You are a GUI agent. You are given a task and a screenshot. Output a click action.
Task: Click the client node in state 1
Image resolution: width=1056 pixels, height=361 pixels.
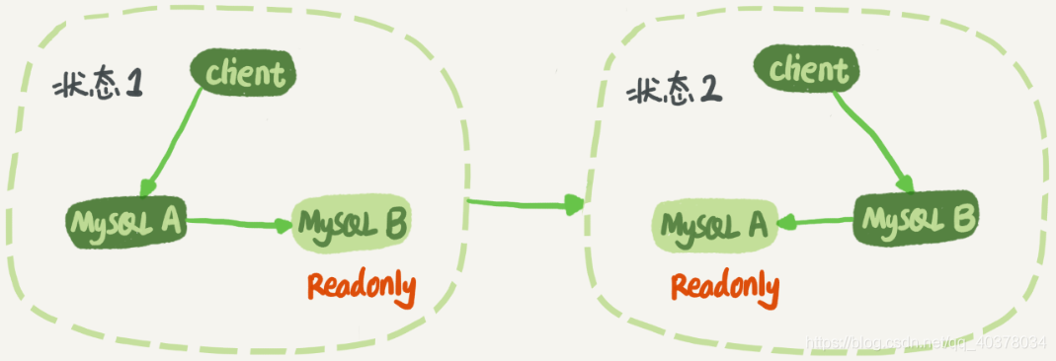[245, 73]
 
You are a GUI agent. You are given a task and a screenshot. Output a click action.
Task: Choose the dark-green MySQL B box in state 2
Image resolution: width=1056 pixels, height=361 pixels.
[916, 217]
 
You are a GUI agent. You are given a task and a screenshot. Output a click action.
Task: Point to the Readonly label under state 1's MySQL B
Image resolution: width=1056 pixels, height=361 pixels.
[361, 287]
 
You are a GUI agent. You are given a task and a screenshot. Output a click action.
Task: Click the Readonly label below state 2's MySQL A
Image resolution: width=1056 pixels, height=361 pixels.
[725, 287]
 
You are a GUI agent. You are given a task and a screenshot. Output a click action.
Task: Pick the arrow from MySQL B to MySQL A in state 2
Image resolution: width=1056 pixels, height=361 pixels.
[816, 222]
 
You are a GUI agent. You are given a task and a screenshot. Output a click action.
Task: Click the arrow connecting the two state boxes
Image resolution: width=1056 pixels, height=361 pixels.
[524, 204]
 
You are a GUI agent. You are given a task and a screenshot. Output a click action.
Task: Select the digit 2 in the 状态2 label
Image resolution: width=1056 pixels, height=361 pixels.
[709, 91]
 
